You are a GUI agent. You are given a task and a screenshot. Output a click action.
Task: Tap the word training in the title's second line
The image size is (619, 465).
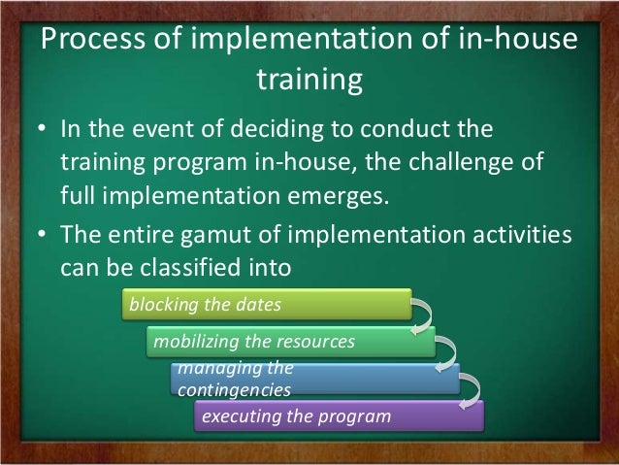pos(309,82)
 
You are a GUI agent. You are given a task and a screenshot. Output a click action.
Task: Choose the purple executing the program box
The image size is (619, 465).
pos(335,416)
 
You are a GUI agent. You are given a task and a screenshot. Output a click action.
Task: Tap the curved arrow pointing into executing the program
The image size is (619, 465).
pos(471,390)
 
